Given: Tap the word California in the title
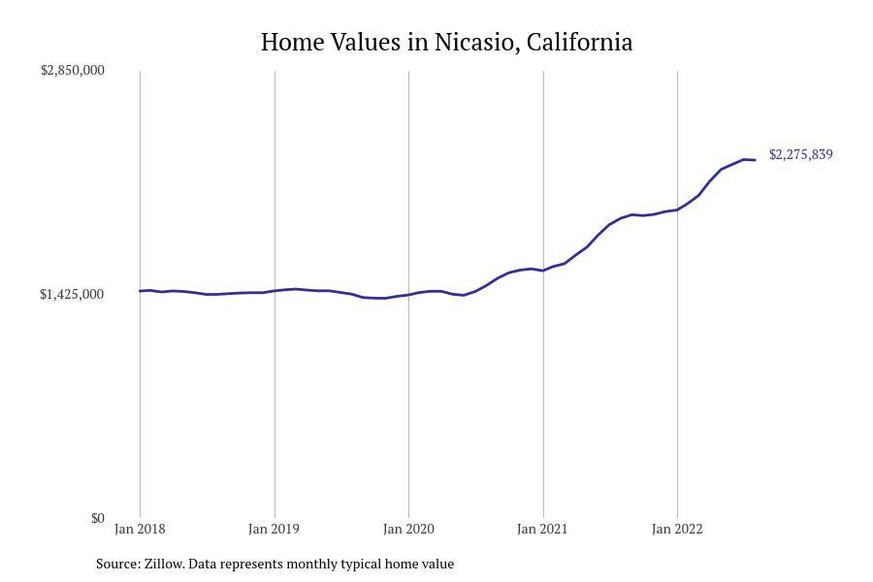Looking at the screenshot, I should pos(580,43).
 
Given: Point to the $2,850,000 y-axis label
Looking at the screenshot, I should pos(73,71).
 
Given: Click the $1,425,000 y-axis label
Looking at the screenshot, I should pos(73,295).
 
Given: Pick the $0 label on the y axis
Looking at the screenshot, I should pos(98,519).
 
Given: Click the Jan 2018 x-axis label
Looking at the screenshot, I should pos(140,530).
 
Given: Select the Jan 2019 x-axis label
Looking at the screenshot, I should pos(274,530).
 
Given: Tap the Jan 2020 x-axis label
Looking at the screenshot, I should pos(408,530).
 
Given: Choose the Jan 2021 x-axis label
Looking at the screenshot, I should pos(542,530).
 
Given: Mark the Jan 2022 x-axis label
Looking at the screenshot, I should pos(677,530).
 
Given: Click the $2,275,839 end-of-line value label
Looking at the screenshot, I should pos(800,155).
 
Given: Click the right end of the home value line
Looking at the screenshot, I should pos(755,160).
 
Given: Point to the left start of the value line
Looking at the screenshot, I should pos(141,291).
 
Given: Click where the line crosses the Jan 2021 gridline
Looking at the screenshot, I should pos(543,270).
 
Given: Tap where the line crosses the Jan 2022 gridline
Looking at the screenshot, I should pos(677,210).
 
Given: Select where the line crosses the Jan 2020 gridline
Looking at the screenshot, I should pos(408,294).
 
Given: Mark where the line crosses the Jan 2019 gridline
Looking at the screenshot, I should pos(275,291).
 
